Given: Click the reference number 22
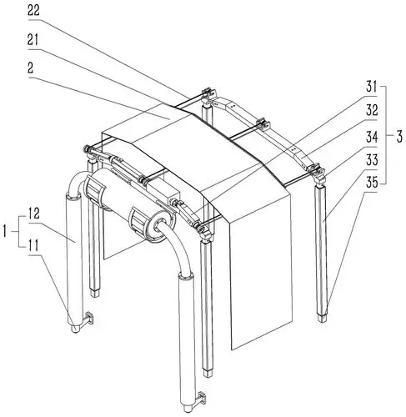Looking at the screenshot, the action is coord(33,11).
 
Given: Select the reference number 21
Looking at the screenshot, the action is coord(33,40).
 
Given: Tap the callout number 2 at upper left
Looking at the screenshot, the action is coord(31,68).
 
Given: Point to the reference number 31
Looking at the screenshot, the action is coord(371,87).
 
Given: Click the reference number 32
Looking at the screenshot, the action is coord(372,110).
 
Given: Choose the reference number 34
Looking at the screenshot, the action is coord(372,137).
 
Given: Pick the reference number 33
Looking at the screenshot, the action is coord(372,160).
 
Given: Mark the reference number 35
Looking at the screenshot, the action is coord(372,183).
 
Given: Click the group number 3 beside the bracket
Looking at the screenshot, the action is coord(399,137).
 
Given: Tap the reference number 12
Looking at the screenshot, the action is coord(33,214).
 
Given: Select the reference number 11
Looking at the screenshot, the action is coord(33,245).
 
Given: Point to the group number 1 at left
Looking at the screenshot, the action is coord(4,231).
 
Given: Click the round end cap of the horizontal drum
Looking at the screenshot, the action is coord(161,224).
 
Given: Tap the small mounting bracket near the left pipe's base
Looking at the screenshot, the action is coord(89,318).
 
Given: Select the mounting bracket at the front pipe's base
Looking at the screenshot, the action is coord(201,398).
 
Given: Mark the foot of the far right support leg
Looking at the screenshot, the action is coord(323,319).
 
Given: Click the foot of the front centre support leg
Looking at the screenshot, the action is coord(208,373).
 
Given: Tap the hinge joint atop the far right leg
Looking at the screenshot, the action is coord(318,174).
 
